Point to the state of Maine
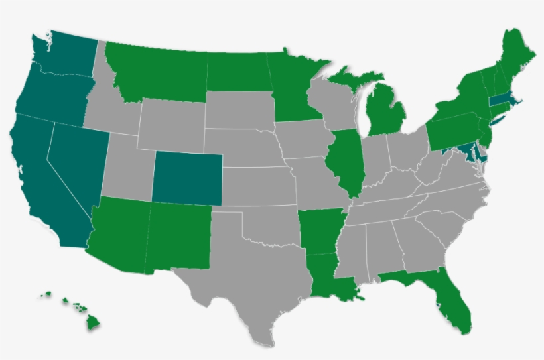tap(517, 56)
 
